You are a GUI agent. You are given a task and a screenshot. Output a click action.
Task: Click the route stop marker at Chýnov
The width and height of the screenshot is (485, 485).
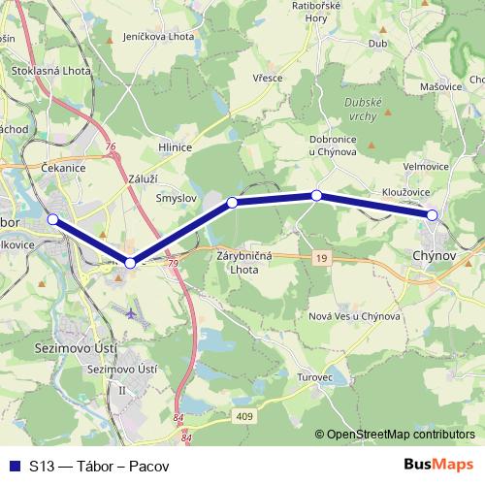click(x=433, y=214)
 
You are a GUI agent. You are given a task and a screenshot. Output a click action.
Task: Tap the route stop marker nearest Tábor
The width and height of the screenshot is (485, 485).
click(x=53, y=219)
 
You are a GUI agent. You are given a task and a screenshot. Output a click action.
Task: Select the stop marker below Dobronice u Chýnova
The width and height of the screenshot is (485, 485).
click(x=316, y=196)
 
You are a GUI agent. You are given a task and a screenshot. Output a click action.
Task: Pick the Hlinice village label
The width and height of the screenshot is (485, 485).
click(x=175, y=146)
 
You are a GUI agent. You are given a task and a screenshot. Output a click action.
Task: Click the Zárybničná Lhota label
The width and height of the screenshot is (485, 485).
click(x=248, y=265)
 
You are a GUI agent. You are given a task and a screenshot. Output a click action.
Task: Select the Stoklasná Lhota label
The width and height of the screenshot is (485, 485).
click(x=50, y=71)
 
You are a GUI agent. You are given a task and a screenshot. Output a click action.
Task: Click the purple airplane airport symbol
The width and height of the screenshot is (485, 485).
click(x=132, y=312)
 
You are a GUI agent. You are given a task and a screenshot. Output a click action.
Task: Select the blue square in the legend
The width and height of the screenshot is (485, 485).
click(x=14, y=465)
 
